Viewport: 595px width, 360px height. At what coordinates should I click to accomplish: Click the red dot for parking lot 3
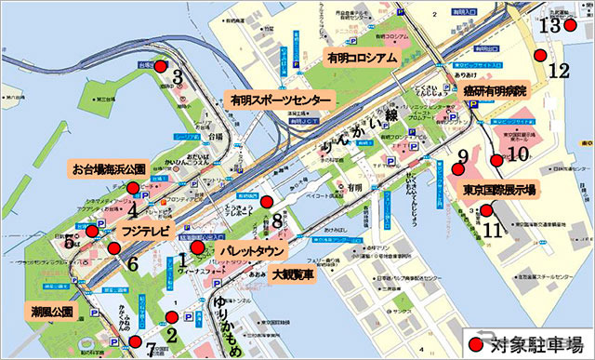[x=160, y=67]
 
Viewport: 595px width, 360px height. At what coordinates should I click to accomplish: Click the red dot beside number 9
[x=456, y=169]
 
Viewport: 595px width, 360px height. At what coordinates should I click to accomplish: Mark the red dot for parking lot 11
[x=486, y=210]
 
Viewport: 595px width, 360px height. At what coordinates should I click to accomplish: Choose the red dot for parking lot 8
[x=266, y=201]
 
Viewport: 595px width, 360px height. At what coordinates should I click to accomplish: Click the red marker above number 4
[x=133, y=188]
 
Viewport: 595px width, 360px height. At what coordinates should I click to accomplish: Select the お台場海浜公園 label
[x=108, y=170]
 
